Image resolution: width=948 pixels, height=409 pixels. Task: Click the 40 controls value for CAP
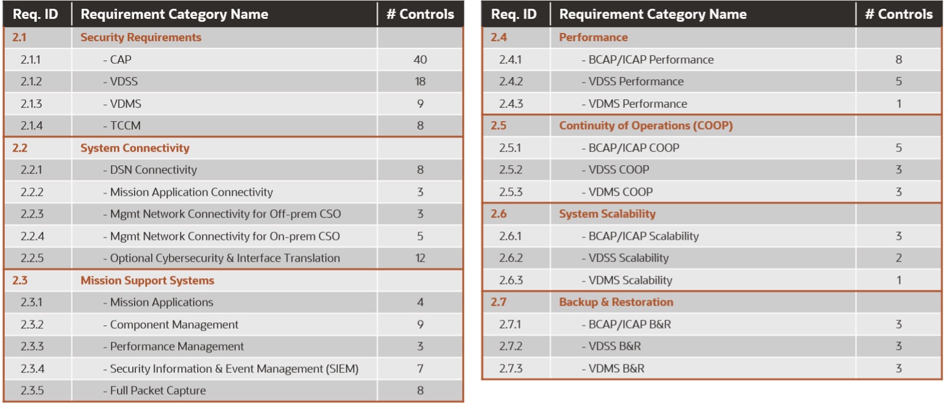420,60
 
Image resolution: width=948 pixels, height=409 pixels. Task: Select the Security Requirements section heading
141,37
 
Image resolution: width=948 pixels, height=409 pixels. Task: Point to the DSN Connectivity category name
150,170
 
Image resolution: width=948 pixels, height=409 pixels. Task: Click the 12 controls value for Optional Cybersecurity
420,258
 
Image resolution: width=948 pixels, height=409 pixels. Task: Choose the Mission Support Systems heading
147,281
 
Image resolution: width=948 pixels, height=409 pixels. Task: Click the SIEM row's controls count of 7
420,369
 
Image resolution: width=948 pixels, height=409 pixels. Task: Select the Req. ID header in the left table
35,14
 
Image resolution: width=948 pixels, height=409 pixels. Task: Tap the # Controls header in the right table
898,14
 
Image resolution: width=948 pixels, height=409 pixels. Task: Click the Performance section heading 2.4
593,37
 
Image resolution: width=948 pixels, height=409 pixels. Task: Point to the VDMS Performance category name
634,104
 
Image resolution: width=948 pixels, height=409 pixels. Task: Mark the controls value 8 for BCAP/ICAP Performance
898,60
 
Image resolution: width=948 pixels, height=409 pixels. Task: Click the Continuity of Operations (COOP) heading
646,126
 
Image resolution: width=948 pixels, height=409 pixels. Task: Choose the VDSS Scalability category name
625,258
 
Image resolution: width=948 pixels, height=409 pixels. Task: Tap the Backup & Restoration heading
616,303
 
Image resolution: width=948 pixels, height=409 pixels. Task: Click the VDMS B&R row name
613,369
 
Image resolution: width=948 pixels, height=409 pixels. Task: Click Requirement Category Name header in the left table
174,14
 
